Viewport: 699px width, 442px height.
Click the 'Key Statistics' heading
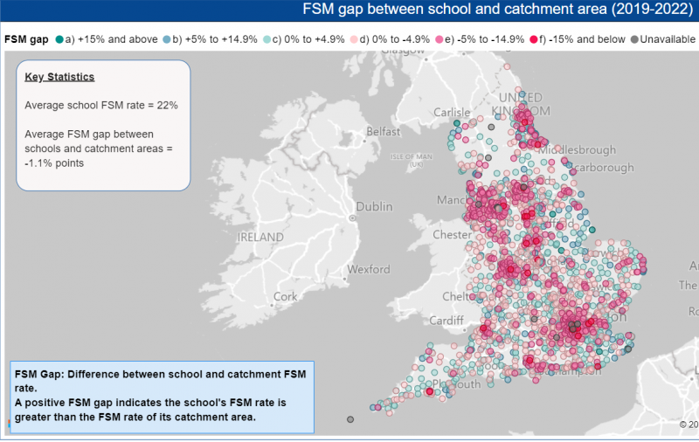[x=59, y=77]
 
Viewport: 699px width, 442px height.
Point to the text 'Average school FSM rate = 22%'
[x=101, y=105]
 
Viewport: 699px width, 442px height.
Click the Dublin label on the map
[x=374, y=207]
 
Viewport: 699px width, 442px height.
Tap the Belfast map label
[x=384, y=132]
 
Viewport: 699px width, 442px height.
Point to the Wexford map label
[x=369, y=270]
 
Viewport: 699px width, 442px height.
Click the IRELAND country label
[x=260, y=237]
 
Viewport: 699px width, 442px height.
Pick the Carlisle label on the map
[x=452, y=113]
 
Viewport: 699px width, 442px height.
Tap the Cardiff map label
[x=446, y=321]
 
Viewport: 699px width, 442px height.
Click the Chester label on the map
[x=452, y=235]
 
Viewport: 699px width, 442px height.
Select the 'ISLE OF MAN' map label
[x=412, y=156]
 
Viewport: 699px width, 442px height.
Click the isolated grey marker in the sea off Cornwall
[x=350, y=420]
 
